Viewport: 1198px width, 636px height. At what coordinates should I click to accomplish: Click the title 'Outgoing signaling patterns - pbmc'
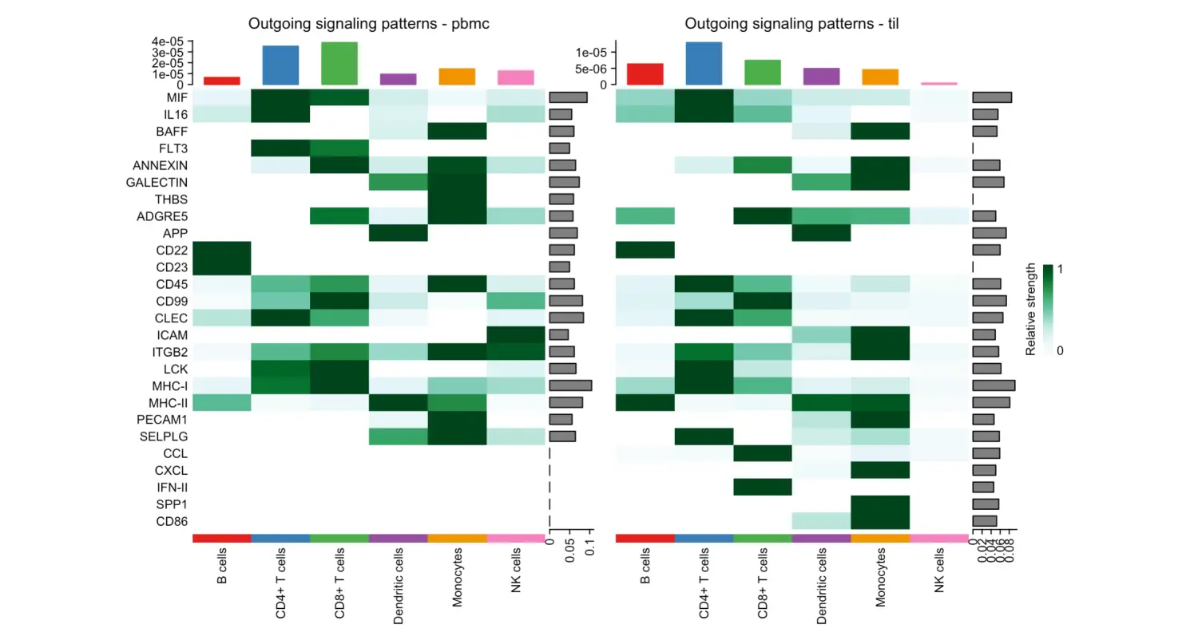[x=368, y=24]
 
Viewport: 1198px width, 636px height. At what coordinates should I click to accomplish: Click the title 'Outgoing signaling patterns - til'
[x=791, y=24]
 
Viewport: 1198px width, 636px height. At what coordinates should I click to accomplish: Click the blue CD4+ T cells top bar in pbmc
[x=280, y=65]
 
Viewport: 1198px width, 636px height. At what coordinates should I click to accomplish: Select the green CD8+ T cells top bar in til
[x=763, y=72]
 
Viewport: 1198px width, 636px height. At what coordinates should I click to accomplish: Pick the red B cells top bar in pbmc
[x=222, y=81]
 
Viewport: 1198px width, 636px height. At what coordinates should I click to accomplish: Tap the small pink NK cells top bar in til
[x=938, y=83]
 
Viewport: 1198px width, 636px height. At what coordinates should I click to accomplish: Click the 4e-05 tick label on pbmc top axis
[x=169, y=41]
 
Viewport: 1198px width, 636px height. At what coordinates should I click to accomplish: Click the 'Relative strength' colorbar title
[x=1031, y=309]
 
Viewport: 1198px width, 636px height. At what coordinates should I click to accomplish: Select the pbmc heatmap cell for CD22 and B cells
[x=222, y=250]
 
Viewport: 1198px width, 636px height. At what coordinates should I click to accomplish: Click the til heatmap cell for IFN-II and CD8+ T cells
[x=763, y=488]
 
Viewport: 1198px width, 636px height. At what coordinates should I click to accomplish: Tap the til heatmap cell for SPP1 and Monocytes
[x=880, y=504]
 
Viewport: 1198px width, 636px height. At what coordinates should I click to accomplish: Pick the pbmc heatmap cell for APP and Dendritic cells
[x=398, y=233]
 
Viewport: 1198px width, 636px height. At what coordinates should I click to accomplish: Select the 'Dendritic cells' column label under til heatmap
[x=822, y=585]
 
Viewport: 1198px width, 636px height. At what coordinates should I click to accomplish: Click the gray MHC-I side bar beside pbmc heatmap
[x=570, y=385]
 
